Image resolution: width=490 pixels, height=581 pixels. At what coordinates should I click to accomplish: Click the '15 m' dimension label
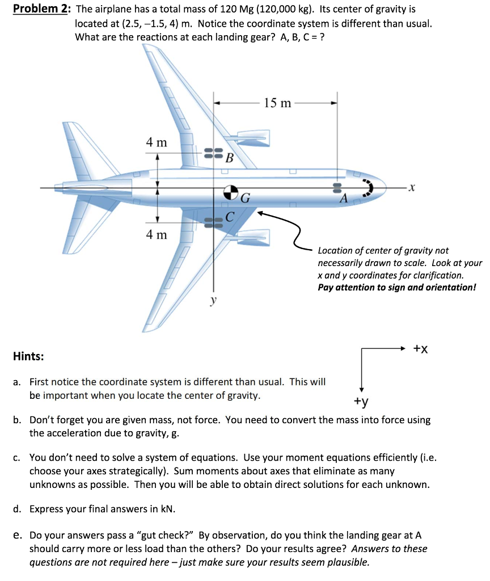[278, 103]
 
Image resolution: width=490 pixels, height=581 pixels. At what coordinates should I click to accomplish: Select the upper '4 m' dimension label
[157, 142]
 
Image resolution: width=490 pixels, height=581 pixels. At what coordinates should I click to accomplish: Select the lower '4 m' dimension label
[157, 234]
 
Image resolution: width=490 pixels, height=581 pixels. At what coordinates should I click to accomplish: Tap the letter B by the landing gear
[229, 157]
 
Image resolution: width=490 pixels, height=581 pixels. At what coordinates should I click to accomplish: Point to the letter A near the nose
[343, 199]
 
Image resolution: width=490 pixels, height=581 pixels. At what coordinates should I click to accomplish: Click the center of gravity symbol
[230, 192]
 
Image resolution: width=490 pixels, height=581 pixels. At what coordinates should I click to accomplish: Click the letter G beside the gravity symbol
[245, 199]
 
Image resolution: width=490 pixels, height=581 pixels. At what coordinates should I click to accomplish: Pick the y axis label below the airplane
[214, 301]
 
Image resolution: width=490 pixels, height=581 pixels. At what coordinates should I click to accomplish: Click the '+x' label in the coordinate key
[420, 349]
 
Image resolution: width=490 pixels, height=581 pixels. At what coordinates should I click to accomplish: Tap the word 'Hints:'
[28, 356]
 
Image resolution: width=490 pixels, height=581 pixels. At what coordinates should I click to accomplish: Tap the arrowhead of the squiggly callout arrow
[260, 214]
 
